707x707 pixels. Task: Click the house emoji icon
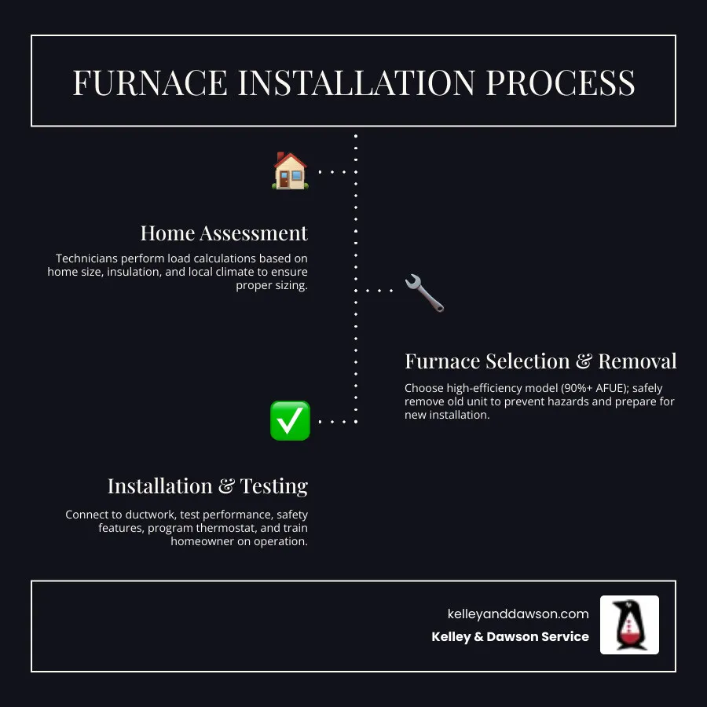coord(290,170)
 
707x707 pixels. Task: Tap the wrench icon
coord(424,292)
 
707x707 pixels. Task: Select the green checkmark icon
coord(290,420)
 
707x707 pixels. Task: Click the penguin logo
coord(629,625)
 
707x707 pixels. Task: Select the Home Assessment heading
coord(224,233)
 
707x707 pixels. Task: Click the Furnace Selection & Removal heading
coord(540,361)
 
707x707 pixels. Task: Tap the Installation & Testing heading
coord(207,486)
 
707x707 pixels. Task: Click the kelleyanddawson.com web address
coord(518,614)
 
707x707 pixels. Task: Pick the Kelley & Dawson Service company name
coord(510,637)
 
